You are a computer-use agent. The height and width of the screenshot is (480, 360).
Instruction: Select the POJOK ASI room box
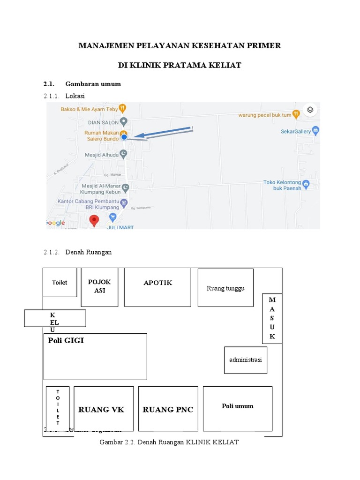99,287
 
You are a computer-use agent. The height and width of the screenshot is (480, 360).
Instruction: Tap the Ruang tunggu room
225,288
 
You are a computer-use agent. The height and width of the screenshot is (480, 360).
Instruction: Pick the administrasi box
246,360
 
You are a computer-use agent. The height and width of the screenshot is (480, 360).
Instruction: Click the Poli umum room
237,408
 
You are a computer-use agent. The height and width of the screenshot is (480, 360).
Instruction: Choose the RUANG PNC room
168,409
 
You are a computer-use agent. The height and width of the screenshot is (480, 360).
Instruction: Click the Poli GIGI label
66,341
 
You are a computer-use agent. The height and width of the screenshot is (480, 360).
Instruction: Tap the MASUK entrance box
272,318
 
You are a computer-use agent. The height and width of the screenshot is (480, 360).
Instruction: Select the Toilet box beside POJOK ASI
60,282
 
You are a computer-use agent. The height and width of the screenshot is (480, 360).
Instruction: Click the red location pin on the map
94,220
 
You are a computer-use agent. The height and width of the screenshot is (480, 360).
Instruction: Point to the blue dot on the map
124,137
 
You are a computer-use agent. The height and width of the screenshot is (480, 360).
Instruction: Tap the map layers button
310,110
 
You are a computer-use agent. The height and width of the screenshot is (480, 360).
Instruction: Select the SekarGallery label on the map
296,132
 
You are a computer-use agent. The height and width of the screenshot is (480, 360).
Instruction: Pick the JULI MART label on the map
120,227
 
